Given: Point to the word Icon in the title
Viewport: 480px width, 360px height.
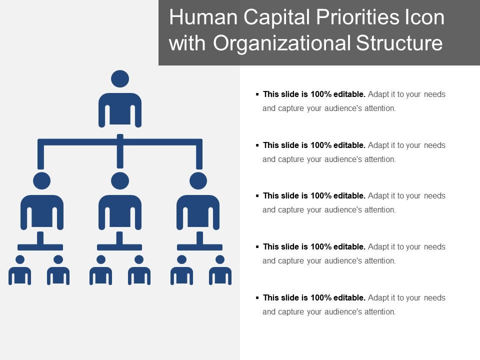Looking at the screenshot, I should [424, 18].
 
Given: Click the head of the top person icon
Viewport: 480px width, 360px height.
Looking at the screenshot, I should [120, 79].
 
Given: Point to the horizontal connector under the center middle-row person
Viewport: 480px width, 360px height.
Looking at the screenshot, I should [120, 247].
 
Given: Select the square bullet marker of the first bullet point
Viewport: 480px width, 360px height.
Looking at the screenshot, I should [257, 94].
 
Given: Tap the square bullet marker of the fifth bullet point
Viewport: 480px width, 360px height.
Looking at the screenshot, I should [257, 297].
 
